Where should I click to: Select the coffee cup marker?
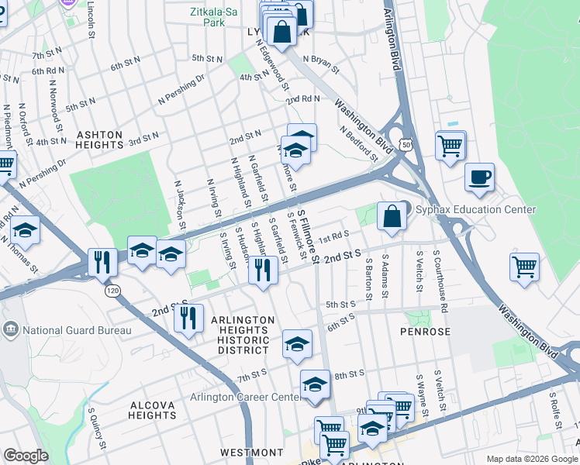point(479,177)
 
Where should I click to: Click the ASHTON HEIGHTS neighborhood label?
point(99,140)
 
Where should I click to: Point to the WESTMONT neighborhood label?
point(251,452)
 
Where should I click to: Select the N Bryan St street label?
point(321,63)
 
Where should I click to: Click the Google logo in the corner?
point(26,456)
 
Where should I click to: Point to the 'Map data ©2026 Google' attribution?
point(531,459)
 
